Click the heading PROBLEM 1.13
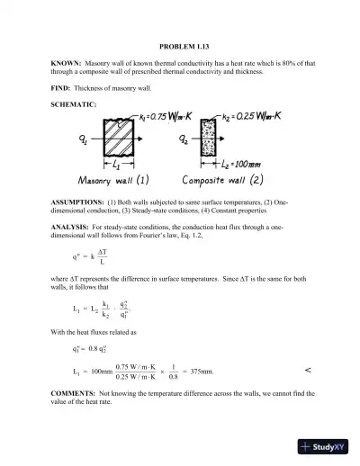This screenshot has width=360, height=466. [179, 45]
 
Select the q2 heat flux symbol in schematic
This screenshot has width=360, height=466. [185, 141]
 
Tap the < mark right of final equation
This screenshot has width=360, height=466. [309, 370]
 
